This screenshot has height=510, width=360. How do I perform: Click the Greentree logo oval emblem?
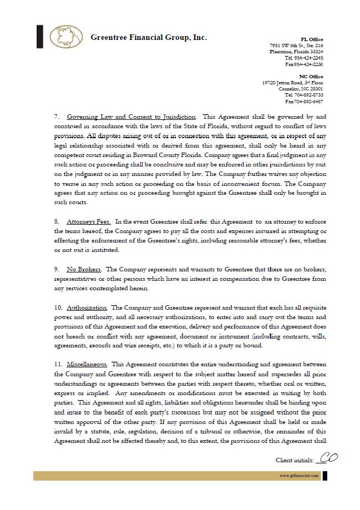pos(66,37)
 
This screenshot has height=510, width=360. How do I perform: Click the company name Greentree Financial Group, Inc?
pos(148,38)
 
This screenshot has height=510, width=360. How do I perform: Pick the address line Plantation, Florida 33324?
pos(296,52)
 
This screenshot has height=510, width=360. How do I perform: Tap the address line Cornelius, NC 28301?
pos(301,89)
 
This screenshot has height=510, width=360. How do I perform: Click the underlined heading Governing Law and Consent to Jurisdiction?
pos(131,117)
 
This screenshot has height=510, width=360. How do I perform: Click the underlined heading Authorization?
pos(87,307)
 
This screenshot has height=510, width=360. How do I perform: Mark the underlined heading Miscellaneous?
pos(88,364)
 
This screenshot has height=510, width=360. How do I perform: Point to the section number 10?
pos(58,307)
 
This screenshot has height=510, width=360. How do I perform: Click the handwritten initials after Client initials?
pos(327,458)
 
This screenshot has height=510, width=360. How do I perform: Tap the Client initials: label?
pos(295,460)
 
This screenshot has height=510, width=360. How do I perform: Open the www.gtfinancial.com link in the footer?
pos(299,476)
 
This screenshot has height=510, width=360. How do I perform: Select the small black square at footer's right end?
pos(325,476)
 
